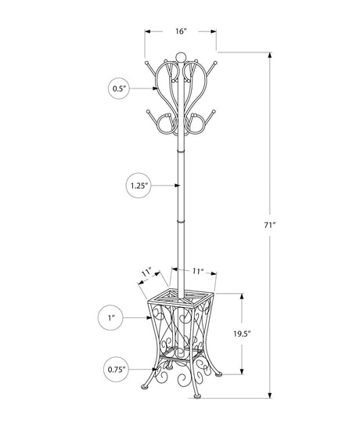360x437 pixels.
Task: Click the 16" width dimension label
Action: click(x=181, y=31)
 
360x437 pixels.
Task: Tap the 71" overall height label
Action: click(x=269, y=226)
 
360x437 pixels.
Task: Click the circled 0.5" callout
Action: click(x=119, y=88)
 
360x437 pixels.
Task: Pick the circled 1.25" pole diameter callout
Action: click(x=139, y=186)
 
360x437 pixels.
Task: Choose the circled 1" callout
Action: click(x=110, y=318)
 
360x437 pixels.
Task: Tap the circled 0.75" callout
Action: click(x=117, y=370)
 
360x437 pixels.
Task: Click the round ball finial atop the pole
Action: click(x=181, y=56)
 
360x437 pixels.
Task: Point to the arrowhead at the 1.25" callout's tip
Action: click(x=177, y=186)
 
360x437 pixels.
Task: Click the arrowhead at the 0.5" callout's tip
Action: click(x=155, y=88)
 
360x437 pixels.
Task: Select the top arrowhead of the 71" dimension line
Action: click(x=269, y=56)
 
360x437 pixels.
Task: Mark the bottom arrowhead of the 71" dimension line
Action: click(x=269, y=395)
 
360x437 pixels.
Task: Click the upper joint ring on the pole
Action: click(x=181, y=151)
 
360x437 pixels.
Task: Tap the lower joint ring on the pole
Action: click(x=181, y=221)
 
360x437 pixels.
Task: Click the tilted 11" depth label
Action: click(x=146, y=272)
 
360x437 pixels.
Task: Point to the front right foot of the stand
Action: click(x=197, y=395)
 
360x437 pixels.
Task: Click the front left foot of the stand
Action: click(x=145, y=387)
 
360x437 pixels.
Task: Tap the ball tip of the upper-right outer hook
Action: click(x=215, y=63)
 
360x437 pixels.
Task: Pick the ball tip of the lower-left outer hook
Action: click(x=148, y=112)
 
